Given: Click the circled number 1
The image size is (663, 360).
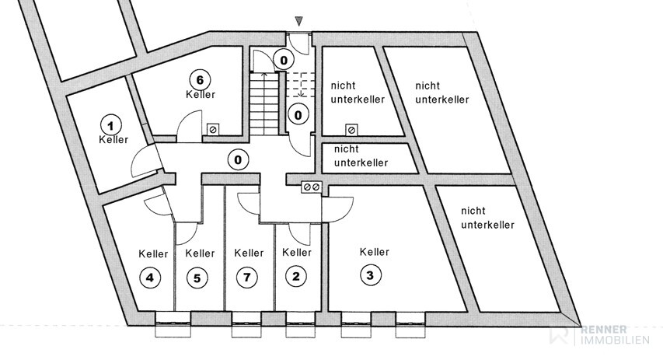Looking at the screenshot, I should point(110,124).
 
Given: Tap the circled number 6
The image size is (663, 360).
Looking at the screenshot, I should point(200,79).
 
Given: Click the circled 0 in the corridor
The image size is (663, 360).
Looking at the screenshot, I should point(238,160).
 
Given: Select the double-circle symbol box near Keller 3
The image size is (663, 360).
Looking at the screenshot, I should point(312,187).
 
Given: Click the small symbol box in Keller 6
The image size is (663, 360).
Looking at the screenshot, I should point(213,131).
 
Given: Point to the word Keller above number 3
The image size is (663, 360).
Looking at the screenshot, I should point(375,252).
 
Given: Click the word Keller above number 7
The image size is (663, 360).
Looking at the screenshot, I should point(249,253).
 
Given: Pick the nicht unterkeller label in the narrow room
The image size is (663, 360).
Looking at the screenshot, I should point(361,156).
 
